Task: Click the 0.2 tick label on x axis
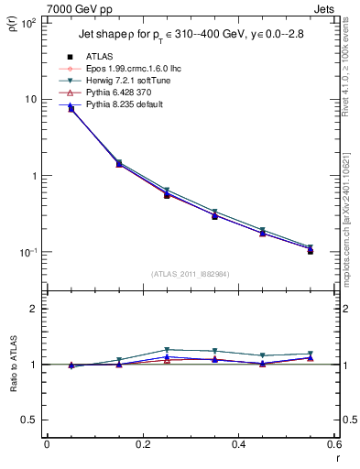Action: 142,444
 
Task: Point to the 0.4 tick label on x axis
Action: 239,444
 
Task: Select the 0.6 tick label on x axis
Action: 334,444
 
